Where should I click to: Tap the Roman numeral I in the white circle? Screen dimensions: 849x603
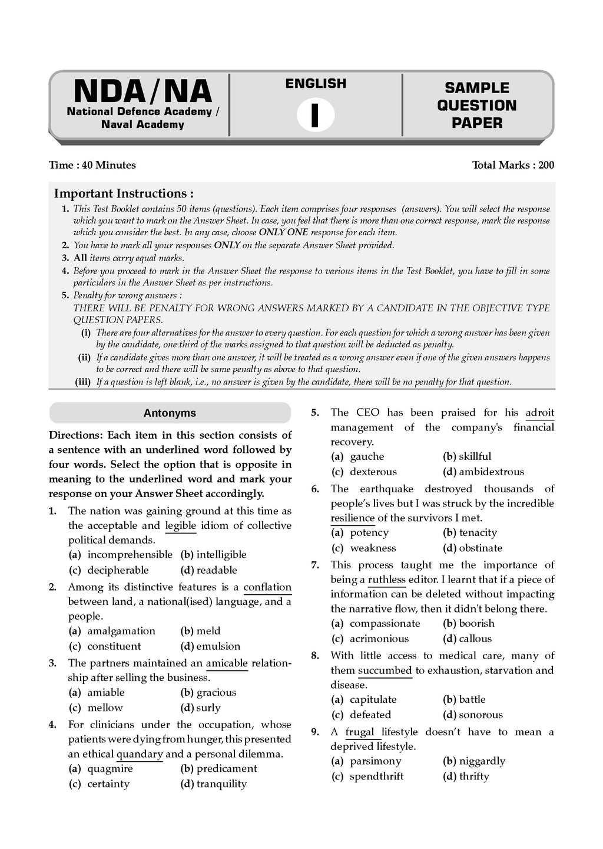(x=315, y=115)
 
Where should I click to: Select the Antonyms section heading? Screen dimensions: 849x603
(x=170, y=413)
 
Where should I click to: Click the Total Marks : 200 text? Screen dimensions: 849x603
(x=513, y=165)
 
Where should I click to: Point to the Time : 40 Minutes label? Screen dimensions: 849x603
(x=92, y=165)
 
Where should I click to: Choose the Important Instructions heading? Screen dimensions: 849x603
(x=124, y=193)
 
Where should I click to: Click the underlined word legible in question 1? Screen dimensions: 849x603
(x=181, y=525)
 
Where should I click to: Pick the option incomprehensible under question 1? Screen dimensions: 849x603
(x=130, y=555)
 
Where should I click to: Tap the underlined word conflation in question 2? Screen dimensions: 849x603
(x=267, y=587)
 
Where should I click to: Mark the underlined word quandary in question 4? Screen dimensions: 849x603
(x=140, y=754)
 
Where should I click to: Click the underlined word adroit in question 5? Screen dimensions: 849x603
(x=539, y=413)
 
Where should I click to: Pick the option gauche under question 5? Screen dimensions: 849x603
(x=367, y=456)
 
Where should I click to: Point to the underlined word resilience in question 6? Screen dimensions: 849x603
(x=352, y=518)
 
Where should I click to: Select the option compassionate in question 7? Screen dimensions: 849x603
(x=385, y=623)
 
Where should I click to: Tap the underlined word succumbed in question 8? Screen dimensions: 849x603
(x=385, y=670)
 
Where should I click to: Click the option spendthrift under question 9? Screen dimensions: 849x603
(x=376, y=776)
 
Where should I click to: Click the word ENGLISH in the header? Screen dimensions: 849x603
(x=316, y=84)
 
